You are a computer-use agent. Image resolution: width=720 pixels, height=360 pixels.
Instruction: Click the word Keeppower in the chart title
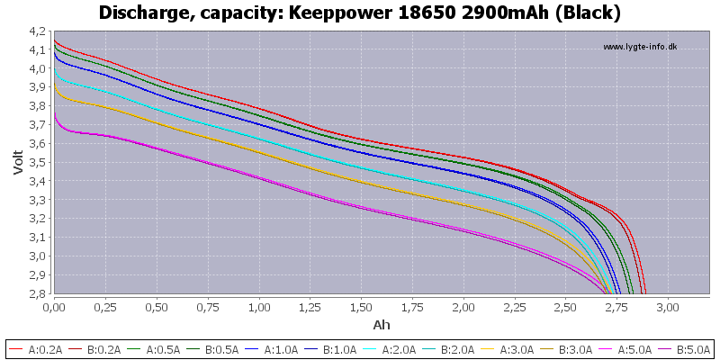(335, 13)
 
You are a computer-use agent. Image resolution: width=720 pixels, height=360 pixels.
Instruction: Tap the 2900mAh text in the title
(495, 13)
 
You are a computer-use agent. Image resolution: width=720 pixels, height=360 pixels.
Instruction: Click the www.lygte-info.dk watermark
(640, 47)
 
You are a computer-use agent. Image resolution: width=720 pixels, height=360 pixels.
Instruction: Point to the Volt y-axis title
(18, 162)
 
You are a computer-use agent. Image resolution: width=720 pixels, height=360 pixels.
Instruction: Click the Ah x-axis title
(382, 325)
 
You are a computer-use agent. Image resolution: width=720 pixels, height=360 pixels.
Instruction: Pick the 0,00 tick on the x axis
(55, 306)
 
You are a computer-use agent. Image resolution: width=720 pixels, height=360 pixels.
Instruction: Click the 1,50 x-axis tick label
(362, 306)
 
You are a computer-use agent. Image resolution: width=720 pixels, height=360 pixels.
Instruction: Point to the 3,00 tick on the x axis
(668, 306)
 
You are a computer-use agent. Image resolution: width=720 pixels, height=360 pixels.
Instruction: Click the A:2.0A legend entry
(390, 350)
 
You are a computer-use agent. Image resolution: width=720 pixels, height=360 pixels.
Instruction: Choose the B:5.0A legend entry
(686, 350)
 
